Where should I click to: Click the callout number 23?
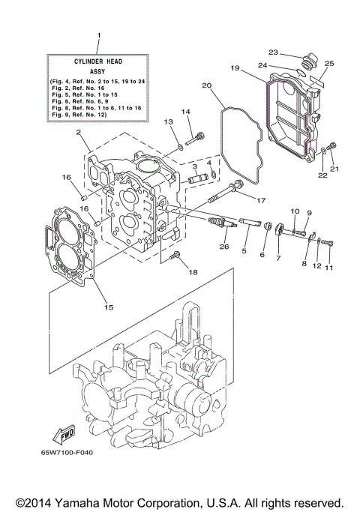[x=273, y=52]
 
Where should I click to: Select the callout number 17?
[x=261, y=200]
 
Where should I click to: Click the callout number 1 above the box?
[x=98, y=36]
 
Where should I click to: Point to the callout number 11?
[x=327, y=266]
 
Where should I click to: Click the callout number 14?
[x=185, y=112]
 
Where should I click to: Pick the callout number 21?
[x=334, y=169]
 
